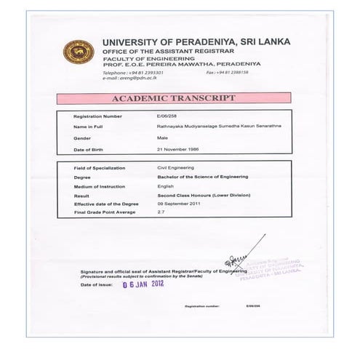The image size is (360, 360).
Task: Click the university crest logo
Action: pyautogui.click(x=79, y=53)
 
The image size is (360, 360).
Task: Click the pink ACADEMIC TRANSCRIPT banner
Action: pyautogui.click(x=173, y=98)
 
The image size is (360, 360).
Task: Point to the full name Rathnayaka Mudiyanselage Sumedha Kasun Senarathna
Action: pyautogui.click(x=209, y=127)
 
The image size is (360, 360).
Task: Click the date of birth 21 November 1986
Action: pyautogui.click(x=178, y=149)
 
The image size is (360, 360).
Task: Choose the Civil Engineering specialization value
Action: pyautogui.click(x=177, y=168)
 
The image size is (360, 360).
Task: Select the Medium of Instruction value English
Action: pyautogui.click(x=167, y=185)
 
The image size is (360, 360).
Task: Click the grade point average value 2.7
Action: pyautogui.click(x=161, y=212)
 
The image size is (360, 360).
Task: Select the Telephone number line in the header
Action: pyautogui.click(x=132, y=73)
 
